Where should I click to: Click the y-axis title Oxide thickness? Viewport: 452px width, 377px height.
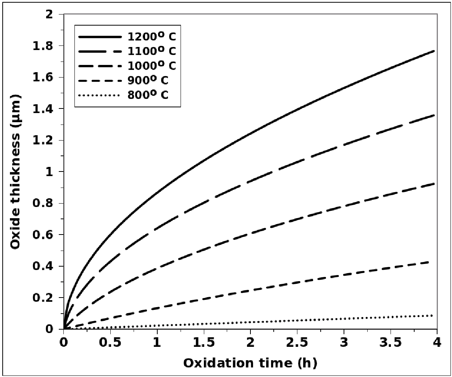point(16,172)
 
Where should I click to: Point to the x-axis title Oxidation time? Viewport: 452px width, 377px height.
point(250,362)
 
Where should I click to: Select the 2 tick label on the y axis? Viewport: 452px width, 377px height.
point(54,15)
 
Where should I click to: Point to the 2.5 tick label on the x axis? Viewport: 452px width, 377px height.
point(297,341)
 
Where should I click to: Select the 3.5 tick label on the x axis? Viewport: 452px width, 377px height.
point(391,341)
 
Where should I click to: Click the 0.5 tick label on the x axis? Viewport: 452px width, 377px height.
point(110,341)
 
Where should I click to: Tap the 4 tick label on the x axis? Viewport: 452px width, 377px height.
point(437,341)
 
